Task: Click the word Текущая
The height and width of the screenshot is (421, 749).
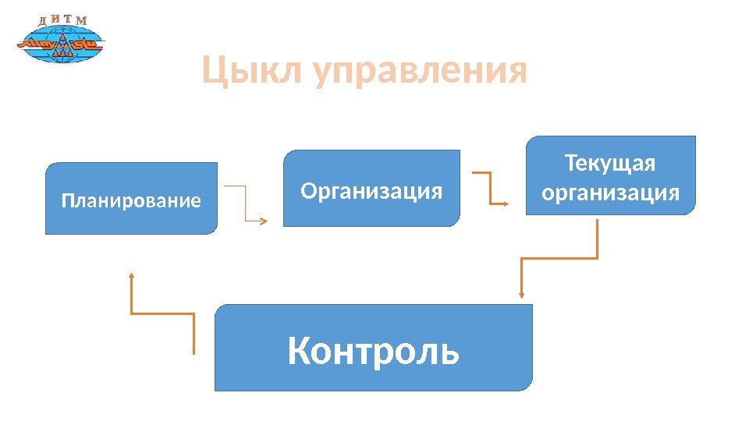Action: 610,165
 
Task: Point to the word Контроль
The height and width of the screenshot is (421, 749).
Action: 374,351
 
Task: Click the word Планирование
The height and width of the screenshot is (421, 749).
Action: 131,201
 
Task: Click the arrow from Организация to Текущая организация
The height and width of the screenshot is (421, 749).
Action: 491,188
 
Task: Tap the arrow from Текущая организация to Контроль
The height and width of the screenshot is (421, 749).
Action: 562,258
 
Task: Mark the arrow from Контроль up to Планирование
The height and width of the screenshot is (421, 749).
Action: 162,313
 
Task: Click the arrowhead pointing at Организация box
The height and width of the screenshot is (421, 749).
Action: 264,221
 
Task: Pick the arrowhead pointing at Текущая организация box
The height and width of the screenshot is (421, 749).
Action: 506,203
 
